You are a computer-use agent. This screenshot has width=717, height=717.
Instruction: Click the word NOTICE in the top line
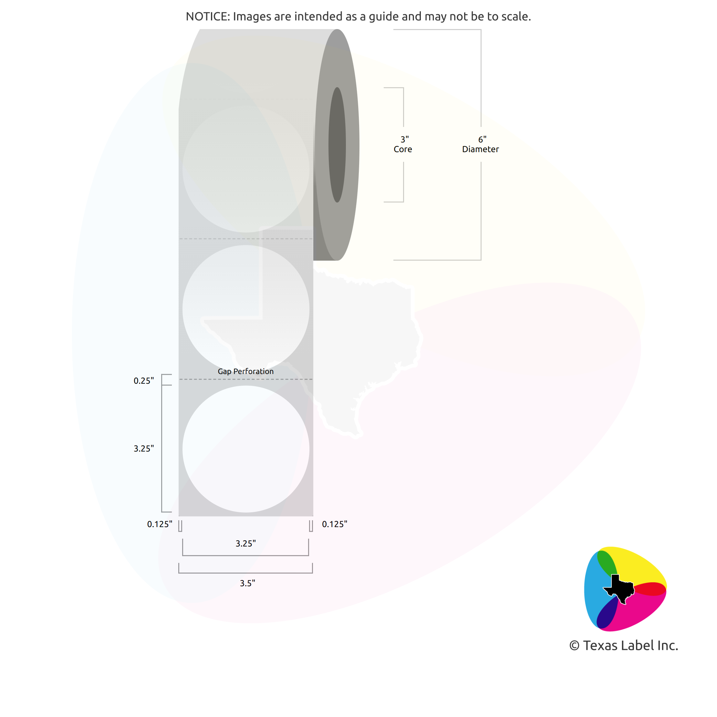[x=207, y=16]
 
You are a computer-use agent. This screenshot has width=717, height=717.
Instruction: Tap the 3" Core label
[x=403, y=144]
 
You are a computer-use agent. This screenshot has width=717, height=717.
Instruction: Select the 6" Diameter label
[x=481, y=144]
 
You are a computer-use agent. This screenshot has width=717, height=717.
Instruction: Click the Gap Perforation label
[x=246, y=371]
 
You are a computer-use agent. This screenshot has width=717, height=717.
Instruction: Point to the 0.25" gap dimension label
[x=144, y=381]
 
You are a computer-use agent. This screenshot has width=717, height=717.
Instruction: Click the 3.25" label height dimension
[x=144, y=448]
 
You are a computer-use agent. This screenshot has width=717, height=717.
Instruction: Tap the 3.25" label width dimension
[x=246, y=543]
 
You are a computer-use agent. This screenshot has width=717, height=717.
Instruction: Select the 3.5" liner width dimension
[x=247, y=583]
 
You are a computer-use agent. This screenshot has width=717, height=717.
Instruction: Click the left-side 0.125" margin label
[x=160, y=524]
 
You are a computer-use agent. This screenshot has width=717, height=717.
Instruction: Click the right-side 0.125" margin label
[x=335, y=524]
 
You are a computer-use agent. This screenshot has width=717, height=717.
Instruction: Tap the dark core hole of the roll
[x=337, y=145]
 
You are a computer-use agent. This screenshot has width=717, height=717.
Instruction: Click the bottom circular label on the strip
[x=246, y=449]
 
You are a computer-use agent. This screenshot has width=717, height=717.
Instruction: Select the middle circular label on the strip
[x=246, y=309]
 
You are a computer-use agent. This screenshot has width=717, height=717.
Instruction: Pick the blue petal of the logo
[x=596, y=590]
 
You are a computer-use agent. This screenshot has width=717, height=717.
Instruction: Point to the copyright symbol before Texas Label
[x=574, y=646]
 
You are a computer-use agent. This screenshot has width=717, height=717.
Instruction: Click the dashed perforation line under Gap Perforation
[x=246, y=379]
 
